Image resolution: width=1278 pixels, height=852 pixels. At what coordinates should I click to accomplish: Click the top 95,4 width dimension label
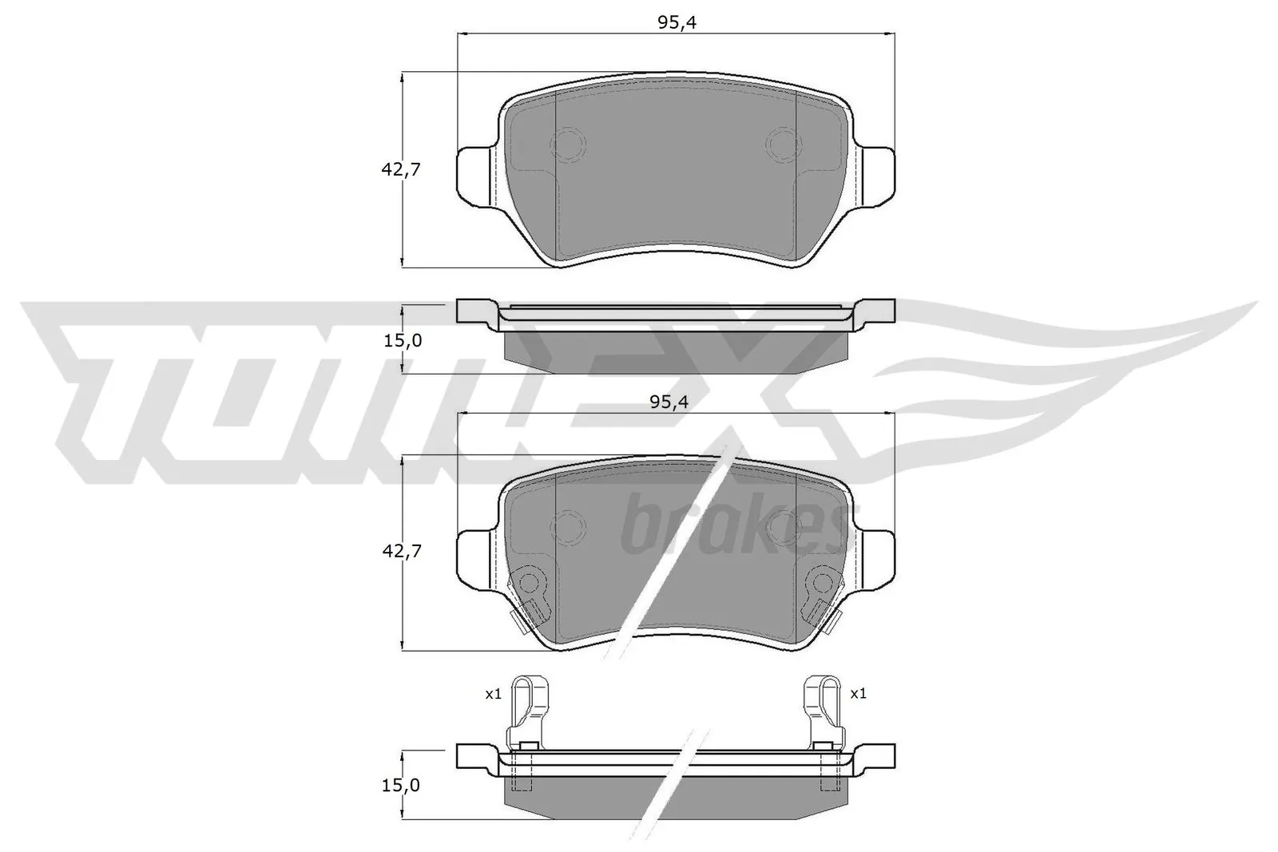677,23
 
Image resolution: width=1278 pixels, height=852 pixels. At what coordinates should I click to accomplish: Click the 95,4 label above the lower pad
669,402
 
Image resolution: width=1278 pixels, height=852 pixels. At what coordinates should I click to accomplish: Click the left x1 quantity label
493,694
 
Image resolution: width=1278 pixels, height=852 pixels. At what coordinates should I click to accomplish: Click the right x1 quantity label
858,694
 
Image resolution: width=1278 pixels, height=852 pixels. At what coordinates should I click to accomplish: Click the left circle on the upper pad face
569,144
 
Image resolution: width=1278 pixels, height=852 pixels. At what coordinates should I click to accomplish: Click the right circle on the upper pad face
783,144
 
